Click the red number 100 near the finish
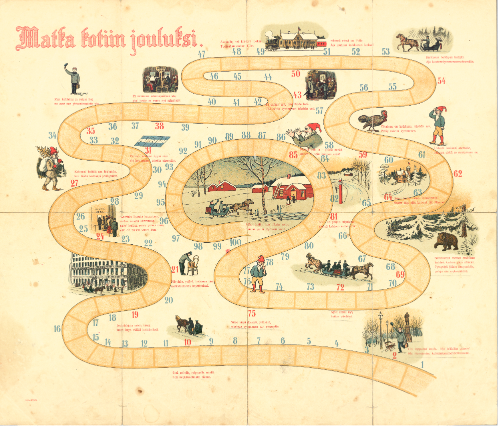point(235,243)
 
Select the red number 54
point(441,81)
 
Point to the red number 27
point(75,183)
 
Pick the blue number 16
point(58,329)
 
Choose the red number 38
point(159,126)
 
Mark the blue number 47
point(202,54)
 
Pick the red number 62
point(457,174)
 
